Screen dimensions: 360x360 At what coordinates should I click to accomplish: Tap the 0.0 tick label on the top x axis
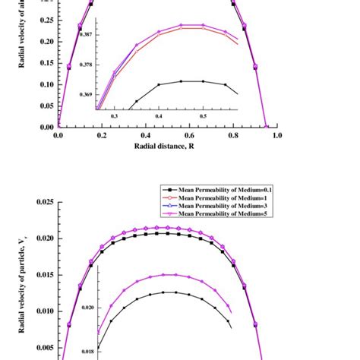58,135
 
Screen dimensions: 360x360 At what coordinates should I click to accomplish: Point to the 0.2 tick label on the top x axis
102,135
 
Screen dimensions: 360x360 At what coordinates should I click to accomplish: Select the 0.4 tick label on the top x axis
145,135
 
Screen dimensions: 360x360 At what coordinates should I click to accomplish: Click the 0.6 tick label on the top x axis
189,135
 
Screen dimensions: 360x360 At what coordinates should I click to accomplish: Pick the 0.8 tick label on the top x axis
232,135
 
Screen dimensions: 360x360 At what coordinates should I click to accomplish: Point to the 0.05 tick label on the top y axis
45,87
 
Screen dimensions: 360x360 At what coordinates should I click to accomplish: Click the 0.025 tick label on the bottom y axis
43,202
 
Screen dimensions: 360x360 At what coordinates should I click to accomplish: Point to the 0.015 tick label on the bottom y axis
43,274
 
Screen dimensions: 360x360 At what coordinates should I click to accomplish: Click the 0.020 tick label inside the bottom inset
88,308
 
